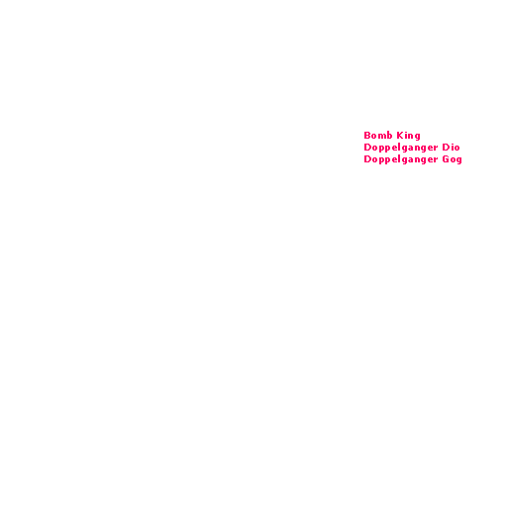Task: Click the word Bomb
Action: pyautogui.click(x=378, y=136)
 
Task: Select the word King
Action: pyautogui.click(x=408, y=136)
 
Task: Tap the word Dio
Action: pyautogui.click(x=451, y=148)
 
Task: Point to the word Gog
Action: pyautogui.click(x=452, y=159)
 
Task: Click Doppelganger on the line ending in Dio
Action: pyautogui.click(x=401, y=148)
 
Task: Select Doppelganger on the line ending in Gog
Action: pyautogui.click(x=401, y=160)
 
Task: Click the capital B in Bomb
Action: pyautogui.click(x=367, y=136)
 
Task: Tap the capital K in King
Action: pyautogui.click(x=400, y=136)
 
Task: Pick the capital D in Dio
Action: pyautogui.click(x=446, y=148)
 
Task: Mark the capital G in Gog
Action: pyautogui.click(x=446, y=159)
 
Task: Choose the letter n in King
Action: pyautogui.click(x=411, y=137)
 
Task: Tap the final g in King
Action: pyautogui.click(x=418, y=138)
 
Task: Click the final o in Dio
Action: pyautogui.click(x=457, y=149)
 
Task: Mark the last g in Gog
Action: pyautogui.click(x=459, y=161)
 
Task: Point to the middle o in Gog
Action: pyautogui.click(x=453, y=160)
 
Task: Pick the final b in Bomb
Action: pyautogui.click(x=390, y=136)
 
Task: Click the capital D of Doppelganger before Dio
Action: pyautogui.click(x=367, y=148)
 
